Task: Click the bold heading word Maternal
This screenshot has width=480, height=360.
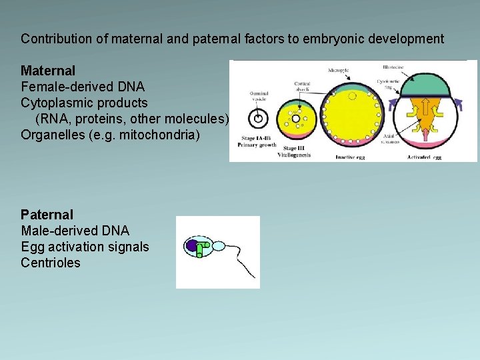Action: point(48,70)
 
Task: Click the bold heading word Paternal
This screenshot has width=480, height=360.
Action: point(47,215)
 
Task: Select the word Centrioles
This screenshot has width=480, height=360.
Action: point(51,263)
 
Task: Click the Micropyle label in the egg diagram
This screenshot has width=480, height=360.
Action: point(342,70)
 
